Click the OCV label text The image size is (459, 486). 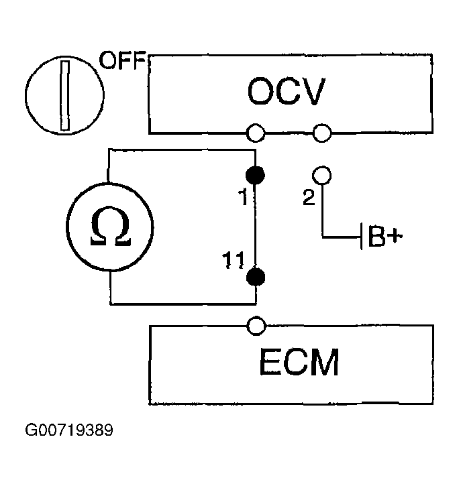tap(287, 92)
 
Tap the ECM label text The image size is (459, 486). tap(299, 362)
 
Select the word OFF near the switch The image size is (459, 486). tap(122, 60)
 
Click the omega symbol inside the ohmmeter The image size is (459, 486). tap(111, 227)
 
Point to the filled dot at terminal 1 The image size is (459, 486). tap(255, 175)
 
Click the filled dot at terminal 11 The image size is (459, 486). tap(256, 277)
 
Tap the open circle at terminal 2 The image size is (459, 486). tap(322, 175)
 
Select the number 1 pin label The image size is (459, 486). tap(244, 197)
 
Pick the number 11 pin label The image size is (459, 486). tap(233, 260)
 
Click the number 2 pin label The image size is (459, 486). tap(309, 197)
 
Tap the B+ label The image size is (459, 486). tap(385, 237)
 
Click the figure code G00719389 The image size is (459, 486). tap(69, 430)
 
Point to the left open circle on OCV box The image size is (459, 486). tap(256, 133)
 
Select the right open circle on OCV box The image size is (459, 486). tap(322, 133)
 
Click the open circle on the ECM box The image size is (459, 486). tap(256, 326)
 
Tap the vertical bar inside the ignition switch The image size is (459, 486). tap(65, 95)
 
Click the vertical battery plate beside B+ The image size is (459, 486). tap(361, 236)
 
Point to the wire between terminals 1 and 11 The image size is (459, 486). tap(255, 226)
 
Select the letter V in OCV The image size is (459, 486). tap(313, 92)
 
